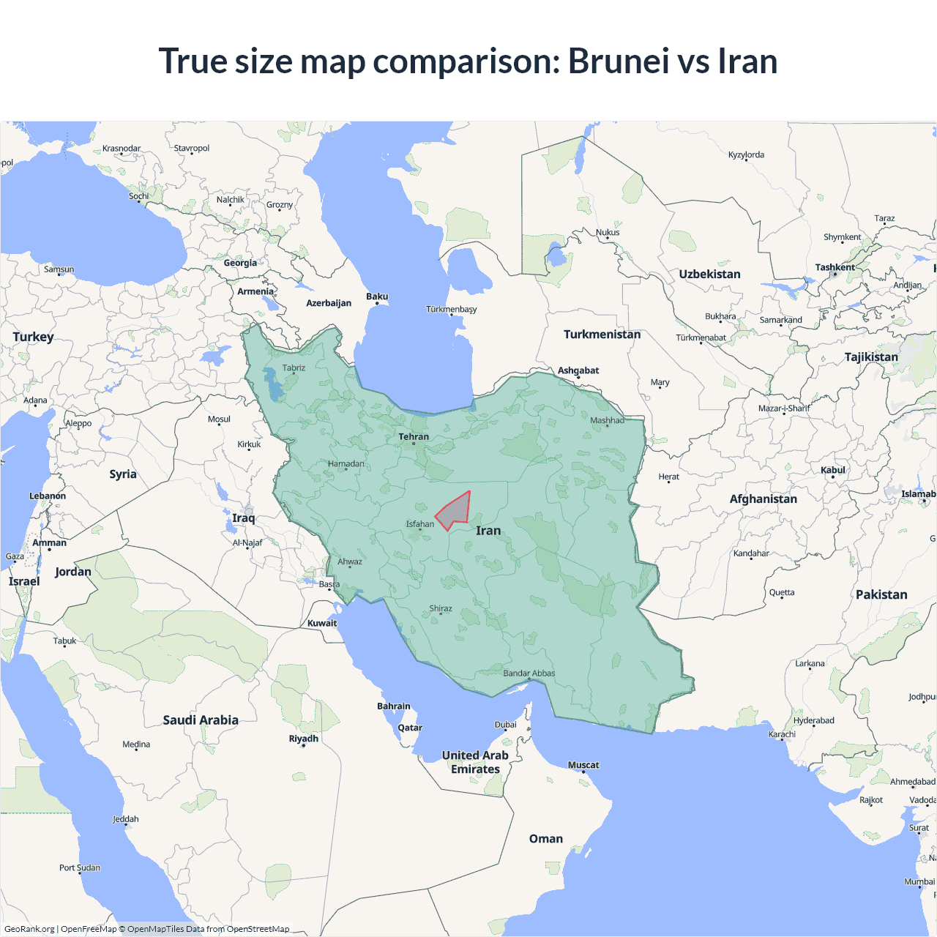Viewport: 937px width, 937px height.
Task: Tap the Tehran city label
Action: coord(414,437)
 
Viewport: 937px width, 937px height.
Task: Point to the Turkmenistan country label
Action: coord(602,335)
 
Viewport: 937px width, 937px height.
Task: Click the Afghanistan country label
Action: coord(763,499)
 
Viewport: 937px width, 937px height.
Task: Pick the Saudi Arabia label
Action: coord(201,720)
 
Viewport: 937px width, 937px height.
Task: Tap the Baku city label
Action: coord(377,296)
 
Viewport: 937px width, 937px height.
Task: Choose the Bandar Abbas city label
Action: coord(529,673)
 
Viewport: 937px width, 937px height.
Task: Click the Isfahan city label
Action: coord(420,524)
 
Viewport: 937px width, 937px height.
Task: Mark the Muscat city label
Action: coord(583,765)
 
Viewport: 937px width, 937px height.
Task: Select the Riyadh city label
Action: coord(304,739)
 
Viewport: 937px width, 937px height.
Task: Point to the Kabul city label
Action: coord(833,470)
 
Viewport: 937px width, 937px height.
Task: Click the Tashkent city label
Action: coord(835,267)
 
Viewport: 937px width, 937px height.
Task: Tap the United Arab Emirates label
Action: coord(475,762)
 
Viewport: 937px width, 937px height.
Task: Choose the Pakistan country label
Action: coord(881,595)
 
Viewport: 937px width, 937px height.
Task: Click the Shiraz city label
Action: coord(441,608)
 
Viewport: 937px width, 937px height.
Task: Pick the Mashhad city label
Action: coord(607,420)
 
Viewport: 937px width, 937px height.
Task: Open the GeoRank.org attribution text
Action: coord(29,929)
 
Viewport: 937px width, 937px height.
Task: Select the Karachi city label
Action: coord(782,734)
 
